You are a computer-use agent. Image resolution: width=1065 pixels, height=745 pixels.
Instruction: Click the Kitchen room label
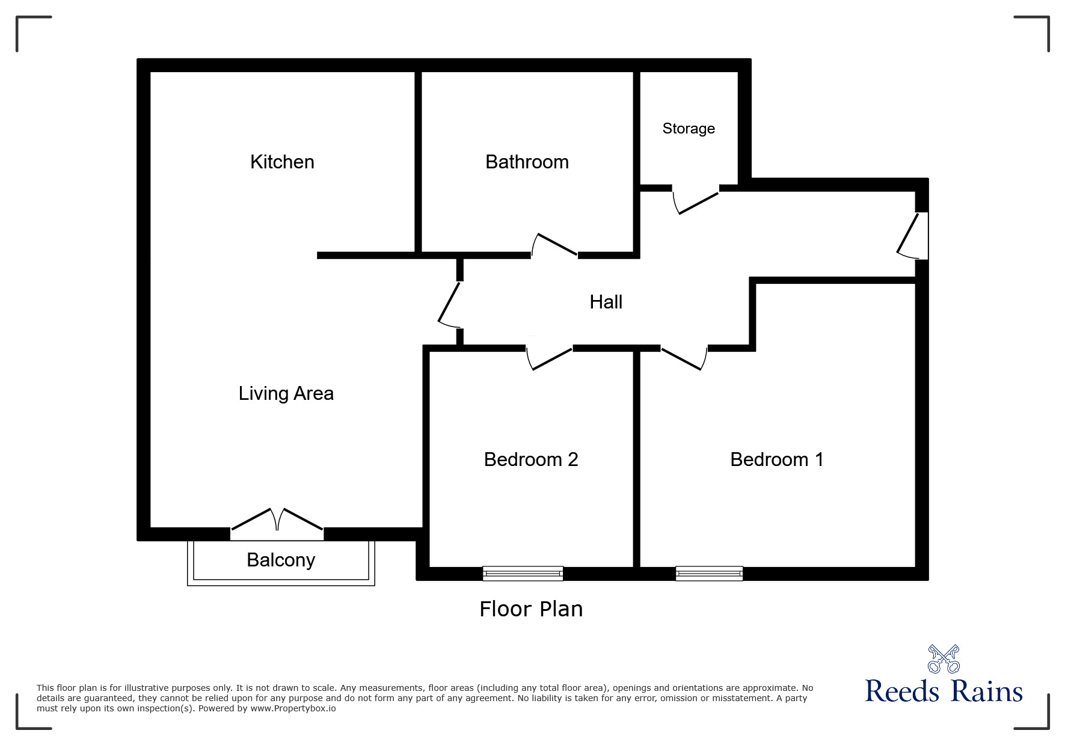[282, 162]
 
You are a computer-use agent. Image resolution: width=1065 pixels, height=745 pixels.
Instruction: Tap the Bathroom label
[527, 162]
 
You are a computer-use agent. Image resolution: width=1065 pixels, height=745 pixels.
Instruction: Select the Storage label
[689, 128]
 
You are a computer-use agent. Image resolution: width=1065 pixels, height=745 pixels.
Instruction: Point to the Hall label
[606, 302]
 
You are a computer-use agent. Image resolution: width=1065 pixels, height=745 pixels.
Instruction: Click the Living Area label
[286, 393]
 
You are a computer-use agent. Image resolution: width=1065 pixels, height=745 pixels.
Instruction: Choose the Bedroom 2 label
[530, 459]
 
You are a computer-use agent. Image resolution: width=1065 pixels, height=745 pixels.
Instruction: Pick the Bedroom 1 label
[776, 459]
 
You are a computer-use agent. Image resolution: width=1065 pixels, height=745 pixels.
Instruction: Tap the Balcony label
[281, 560]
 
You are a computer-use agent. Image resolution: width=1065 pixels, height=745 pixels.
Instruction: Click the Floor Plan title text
[531, 609]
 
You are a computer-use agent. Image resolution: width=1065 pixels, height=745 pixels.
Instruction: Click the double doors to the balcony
[277, 521]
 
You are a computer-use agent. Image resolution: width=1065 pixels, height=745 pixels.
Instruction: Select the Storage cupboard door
[696, 201]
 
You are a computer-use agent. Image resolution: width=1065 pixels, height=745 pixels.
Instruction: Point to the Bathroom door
[554, 245]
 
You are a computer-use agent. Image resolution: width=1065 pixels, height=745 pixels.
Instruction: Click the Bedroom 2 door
[549, 358]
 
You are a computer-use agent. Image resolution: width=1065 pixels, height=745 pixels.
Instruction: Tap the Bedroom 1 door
[684, 358]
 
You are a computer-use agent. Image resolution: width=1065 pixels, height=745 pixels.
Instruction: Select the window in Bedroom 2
[523, 574]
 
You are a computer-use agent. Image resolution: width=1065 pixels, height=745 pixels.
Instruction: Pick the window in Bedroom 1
[709, 574]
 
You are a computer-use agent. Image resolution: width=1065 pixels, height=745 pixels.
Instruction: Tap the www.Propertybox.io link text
[293, 708]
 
